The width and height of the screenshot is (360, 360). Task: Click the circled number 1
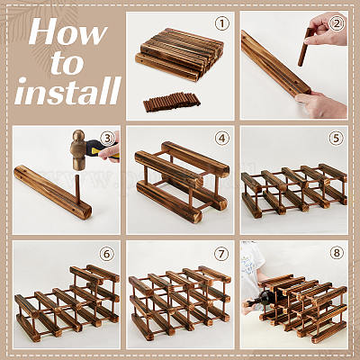222,24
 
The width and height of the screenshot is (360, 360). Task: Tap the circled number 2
337,24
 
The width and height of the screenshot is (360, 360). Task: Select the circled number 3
107,139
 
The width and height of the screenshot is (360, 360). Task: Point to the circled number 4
221,139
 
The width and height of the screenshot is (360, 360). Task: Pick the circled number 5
336,139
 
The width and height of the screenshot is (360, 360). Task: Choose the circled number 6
107,254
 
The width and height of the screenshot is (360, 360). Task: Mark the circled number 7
221,254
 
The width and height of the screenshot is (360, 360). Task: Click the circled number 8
337,253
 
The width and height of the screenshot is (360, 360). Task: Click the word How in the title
68,31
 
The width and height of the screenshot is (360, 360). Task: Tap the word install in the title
68,91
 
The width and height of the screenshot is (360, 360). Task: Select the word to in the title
67,63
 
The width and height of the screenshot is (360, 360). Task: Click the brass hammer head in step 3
79,150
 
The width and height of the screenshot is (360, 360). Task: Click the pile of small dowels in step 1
172,102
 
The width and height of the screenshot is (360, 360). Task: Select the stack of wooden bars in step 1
179,54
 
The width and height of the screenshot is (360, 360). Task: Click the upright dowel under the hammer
77,190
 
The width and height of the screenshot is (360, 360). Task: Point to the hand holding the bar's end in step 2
320,104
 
